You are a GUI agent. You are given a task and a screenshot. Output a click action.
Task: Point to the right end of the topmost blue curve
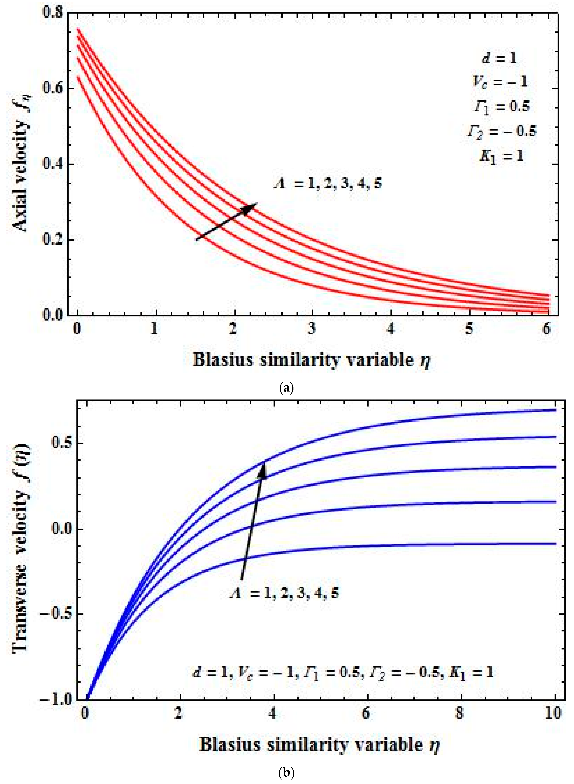tap(555, 410)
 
